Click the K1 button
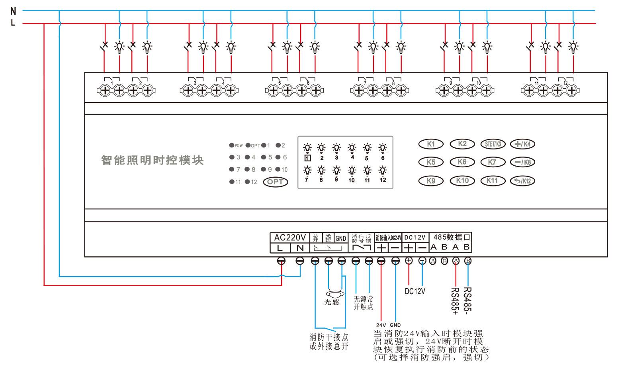(x=431, y=144)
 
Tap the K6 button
(x=462, y=162)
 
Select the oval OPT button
(x=275, y=182)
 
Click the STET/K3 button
(x=493, y=144)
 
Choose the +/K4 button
(x=522, y=144)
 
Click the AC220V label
(x=290, y=238)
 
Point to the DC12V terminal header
(x=415, y=237)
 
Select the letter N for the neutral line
(x=13, y=11)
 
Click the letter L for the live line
(x=13, y=23)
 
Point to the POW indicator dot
(x=231, y=145)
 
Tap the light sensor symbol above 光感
(x=335, y=294)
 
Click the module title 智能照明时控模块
(x=152, y=160)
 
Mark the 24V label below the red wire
(x=381, y=325)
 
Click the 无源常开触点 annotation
(x=363, y=302)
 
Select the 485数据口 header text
(x=452, y=237)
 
